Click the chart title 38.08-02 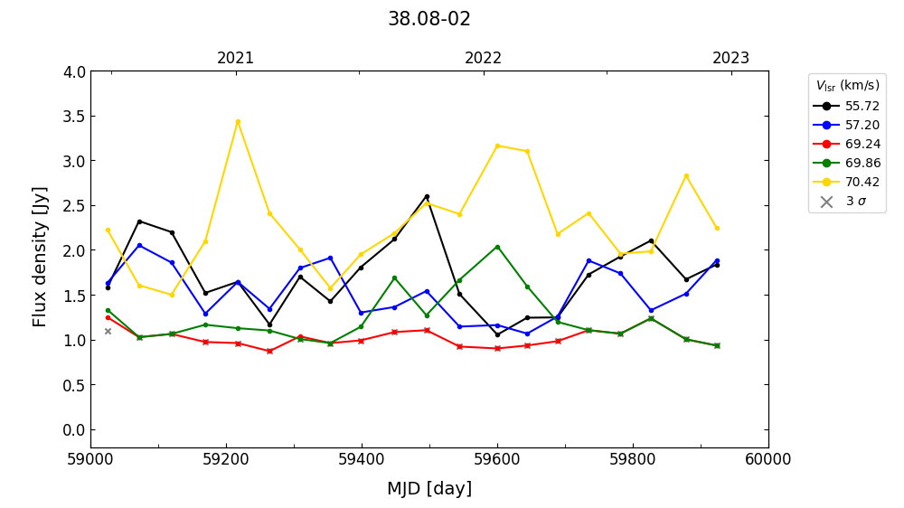[429, 19]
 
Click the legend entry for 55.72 [862, 106]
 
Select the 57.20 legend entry [862, 125]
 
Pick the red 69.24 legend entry [862, 144]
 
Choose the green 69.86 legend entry [862, 163]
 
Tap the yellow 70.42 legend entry [862, 182]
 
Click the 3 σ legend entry [854, 202]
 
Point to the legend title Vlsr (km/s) [847, 86]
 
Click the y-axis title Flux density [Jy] [40, 257]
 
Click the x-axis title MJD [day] [429, 489]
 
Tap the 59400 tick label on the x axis [362, 459]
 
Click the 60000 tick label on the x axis [768, 459]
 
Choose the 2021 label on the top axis [236, 59]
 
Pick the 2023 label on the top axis [730, 59]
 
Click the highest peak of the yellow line [238, 121]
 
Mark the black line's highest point [427, 196]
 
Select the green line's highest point [496, 247]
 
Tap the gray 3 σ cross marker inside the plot [108, 331]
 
